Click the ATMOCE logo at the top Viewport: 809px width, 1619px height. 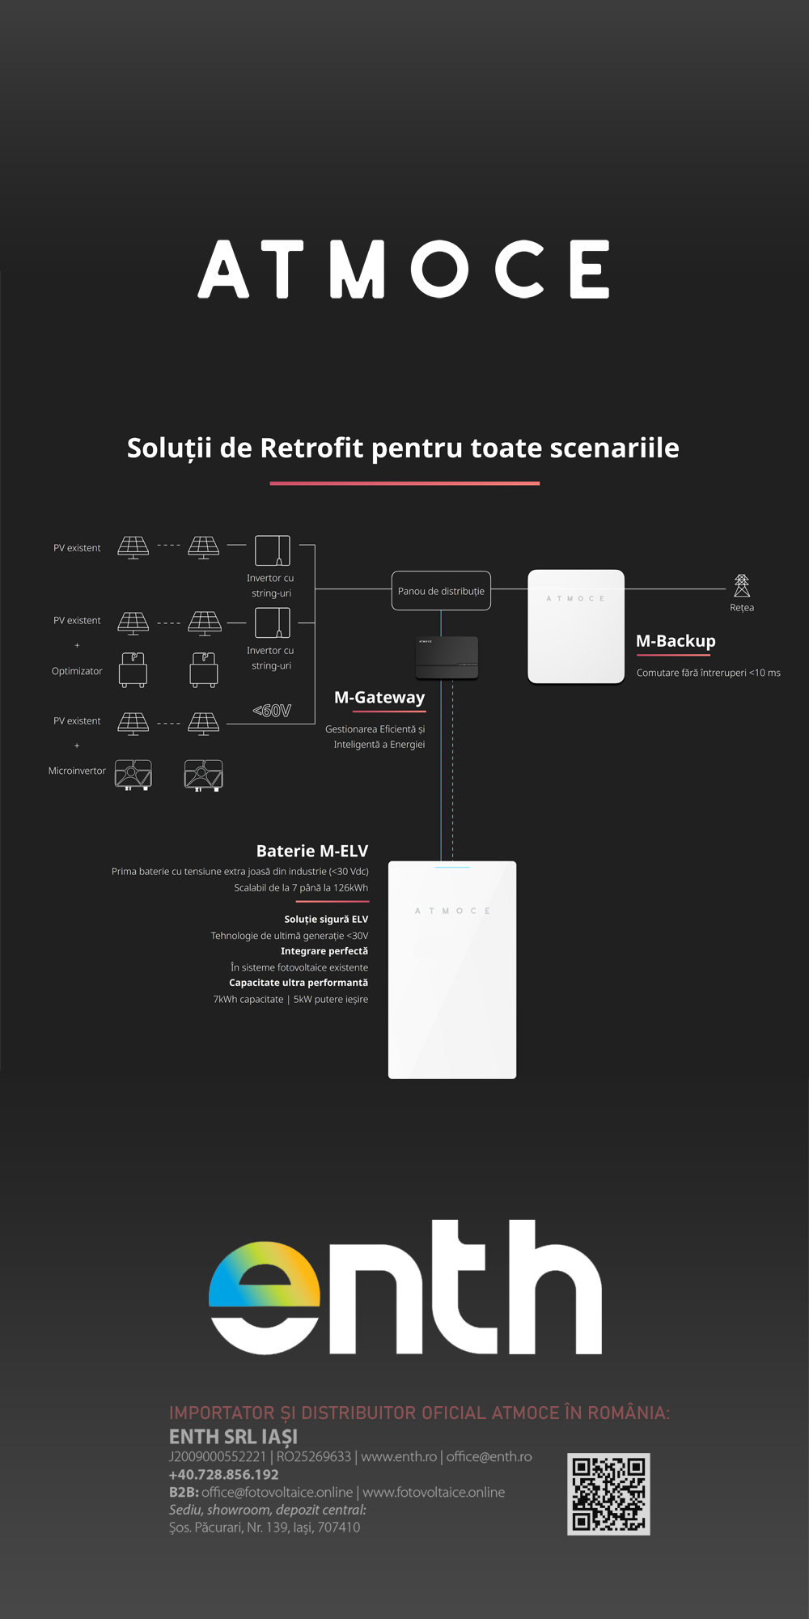pos(404,269)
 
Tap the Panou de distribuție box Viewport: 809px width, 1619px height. pos(441,591)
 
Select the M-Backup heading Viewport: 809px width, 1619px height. pos(676,641)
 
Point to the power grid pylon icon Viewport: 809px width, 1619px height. pos(741,585)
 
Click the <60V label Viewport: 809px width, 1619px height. pos(272,711)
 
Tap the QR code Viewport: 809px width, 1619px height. pos(608,1494)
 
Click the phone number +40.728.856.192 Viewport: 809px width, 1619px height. pos(224,1474)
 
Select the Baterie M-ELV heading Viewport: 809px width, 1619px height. pos(312,851)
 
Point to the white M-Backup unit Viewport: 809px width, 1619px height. pos(576,627)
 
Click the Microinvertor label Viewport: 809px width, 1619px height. pos(77,771)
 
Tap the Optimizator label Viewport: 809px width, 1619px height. pos(77,671)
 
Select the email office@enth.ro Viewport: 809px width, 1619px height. pos(489,1456)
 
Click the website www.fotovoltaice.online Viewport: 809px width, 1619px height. pos(434,1492)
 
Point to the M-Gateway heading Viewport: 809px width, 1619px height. pos(379,697)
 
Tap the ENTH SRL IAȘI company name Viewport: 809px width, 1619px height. pos(233,1436)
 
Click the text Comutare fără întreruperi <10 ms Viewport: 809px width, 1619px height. pos(708,673)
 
